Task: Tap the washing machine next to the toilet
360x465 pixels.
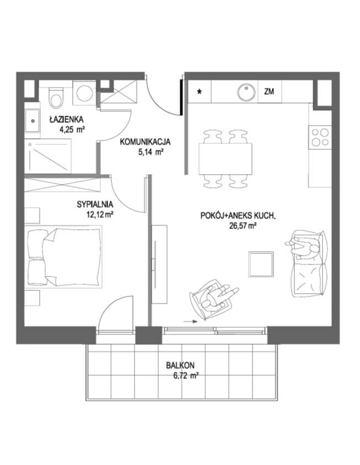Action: click(84, 93)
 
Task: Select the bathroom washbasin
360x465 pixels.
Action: click(32, 121)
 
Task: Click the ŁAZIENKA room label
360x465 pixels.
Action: click(67, 120)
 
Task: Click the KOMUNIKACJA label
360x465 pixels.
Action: click(145, 142)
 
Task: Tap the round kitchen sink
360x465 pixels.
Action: click(246, 91)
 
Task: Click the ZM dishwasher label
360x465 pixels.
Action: click(269, 91)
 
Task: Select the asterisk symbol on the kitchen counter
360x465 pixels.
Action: click(200, 91)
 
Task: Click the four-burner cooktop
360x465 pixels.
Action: click(320, 137)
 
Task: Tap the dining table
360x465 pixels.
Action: click(225, 159)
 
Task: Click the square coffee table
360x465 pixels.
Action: click(261, 264)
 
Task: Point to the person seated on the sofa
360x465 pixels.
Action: click(303, 248)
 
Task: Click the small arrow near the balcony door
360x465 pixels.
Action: click(190, 321)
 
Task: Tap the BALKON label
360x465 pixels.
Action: click(180, 365)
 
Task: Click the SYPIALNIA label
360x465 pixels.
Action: click(95, 204)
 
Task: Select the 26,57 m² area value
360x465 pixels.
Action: click(243, 226)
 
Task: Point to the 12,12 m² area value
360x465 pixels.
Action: click(100, 214)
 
